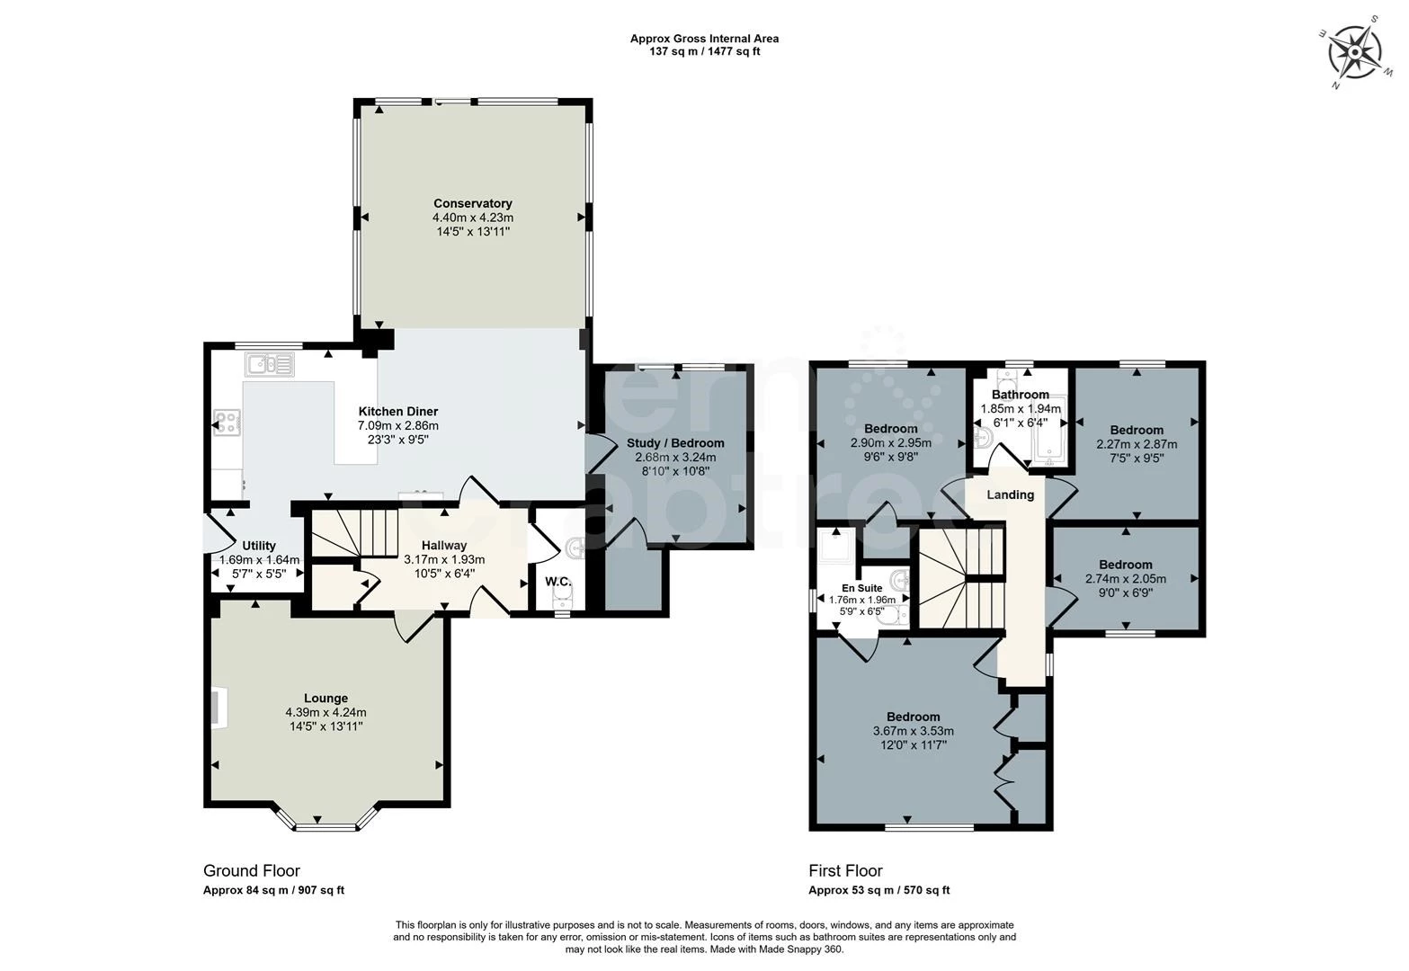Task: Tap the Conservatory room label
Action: [472, 203]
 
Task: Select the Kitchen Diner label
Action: [397, 411]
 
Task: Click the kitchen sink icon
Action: [270, 364]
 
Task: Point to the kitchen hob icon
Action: [227, 422]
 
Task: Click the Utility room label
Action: [259, 545]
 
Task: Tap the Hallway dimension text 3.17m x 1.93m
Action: [444, 559]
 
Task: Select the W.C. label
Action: [557, 582]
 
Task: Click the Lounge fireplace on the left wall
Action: [218, 708]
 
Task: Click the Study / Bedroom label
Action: [675, 442]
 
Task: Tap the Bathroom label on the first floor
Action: [1021, 395]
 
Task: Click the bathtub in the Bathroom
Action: [1050, 432]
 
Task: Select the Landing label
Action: [1010, 494]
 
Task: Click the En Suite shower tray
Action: [835, 545]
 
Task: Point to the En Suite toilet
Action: [893, 616]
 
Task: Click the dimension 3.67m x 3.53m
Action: [914, 731]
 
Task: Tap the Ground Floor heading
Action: [252, 870]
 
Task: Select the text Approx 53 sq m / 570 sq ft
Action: [878, 890]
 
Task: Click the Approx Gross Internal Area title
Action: [705, 39]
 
